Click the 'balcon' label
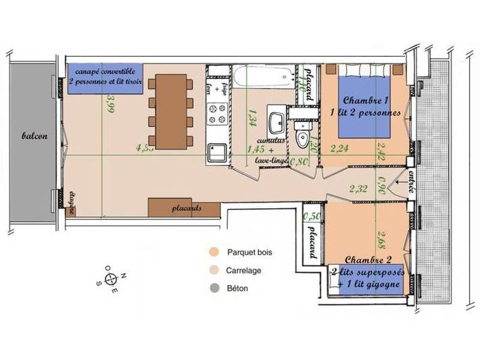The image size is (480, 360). [x=34, y=136]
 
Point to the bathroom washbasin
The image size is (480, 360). [x=277, y=124]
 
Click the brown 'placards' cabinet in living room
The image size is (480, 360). [x=185, y=208]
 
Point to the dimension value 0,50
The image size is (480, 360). [x=312, y=216]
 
